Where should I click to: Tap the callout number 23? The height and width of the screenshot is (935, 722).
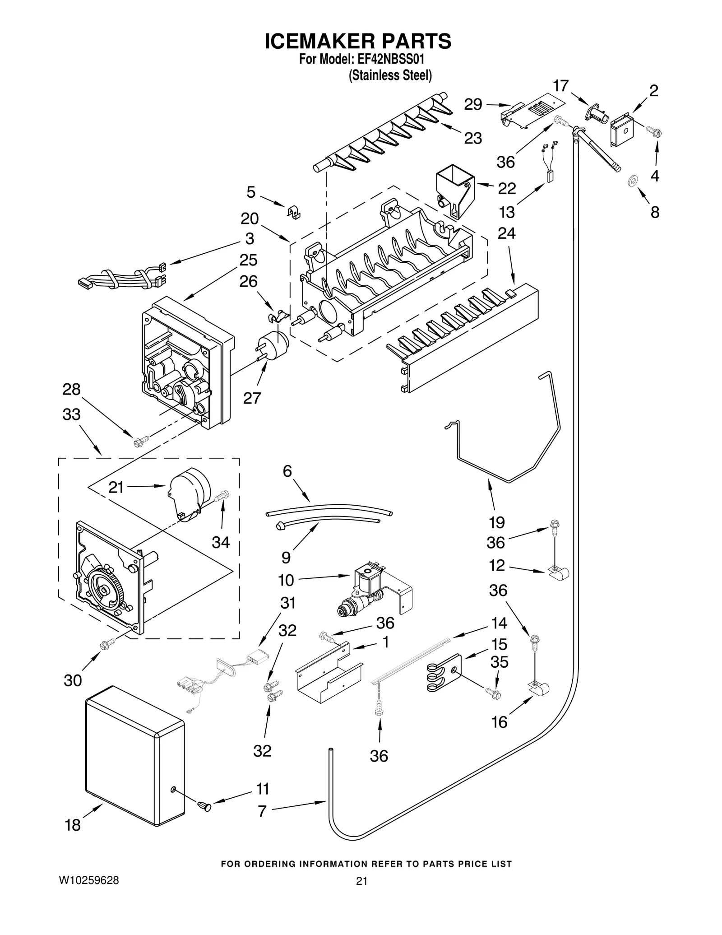(473, 138)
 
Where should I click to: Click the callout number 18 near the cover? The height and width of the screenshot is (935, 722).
(72, 825)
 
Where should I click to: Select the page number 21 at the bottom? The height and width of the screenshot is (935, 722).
(361, 881)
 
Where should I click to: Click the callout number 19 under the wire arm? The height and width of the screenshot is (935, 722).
(496, 522)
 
